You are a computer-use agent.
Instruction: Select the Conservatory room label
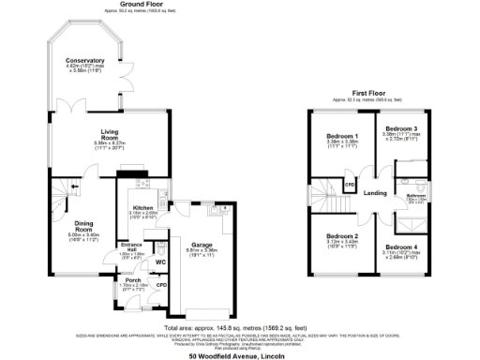click(x=85, y=61)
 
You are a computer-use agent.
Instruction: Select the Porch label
click(x=132, y=280)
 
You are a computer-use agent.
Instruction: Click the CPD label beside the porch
click(x=161, y=284)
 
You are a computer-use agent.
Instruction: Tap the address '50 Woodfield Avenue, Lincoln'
click(x=236, y=356)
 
